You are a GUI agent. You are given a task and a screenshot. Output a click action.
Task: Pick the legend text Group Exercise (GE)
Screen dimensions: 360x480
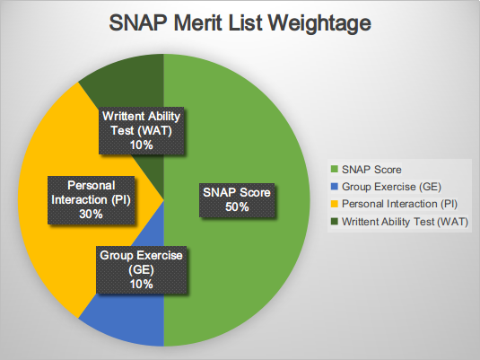(x=388, y=187)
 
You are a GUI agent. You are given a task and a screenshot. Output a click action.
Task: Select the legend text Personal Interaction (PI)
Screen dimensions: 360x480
(x=396, y=204)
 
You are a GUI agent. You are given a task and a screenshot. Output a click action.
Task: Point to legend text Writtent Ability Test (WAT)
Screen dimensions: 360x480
(x=405, y=221)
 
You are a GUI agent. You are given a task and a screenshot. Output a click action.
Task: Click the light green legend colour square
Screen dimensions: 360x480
(x=336, y=169)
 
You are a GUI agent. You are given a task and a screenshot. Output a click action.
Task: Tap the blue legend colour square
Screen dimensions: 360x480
(x=336, y=187)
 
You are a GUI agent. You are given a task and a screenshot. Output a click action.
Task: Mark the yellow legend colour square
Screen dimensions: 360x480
(x=336, y=204)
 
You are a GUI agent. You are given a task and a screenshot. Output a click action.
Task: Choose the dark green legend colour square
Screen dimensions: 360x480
(x=336, y=221)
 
